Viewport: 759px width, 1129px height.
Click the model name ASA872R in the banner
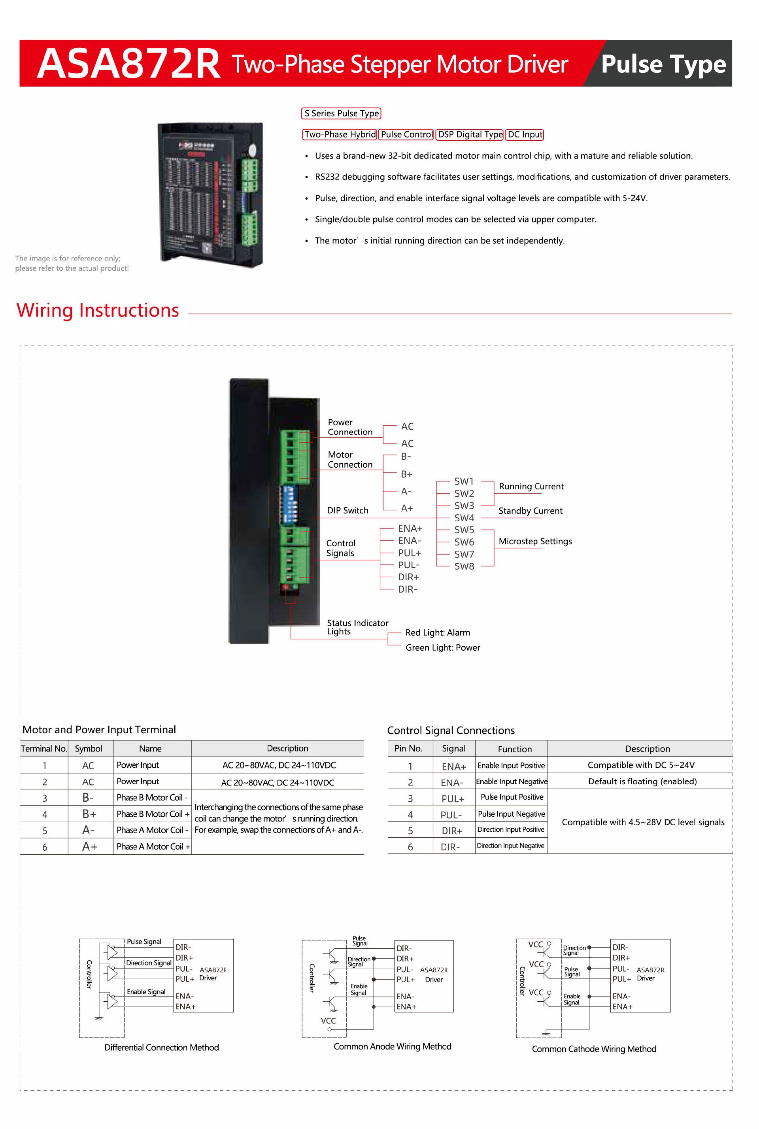(x=129, y=64)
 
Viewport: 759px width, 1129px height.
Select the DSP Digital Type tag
(x=470, y=134)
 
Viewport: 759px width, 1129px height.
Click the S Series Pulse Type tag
(x=341, y=113)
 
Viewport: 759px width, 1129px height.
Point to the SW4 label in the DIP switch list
(x=464, y=518)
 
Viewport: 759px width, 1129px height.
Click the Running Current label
(x=531, y=486)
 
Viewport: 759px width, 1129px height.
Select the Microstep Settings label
(x=535, y=542)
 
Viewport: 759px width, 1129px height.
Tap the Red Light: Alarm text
(x=438, y=632)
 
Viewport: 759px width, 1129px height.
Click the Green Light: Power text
(x=442, y=648)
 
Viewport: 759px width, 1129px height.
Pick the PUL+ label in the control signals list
(x=409, y=553)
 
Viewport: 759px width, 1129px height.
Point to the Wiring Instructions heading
(x=98, y=310)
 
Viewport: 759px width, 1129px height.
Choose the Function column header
(x=515, y=749)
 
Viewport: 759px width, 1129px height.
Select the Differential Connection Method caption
(x=162, y=1048)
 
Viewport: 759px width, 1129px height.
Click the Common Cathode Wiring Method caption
(x=594, y=1049)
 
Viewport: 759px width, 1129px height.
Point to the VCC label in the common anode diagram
(x=328, y=1021)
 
